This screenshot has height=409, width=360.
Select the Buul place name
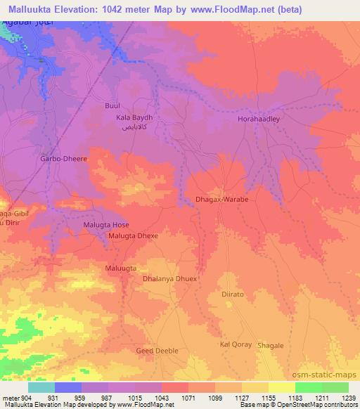tap(112, 105)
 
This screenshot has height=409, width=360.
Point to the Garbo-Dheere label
tap(63, 159)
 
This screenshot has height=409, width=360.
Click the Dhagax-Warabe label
tap(221, 200)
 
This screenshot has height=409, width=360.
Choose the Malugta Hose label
tap(107, 224)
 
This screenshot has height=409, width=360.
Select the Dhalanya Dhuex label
tap(169, 279)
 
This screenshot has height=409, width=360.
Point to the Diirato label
tap(232, 295)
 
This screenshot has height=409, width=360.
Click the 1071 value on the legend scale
tap(188, 398)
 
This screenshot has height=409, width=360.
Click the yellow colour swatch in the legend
tap(281, 387)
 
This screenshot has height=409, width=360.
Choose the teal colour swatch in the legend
tap(41, 387)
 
